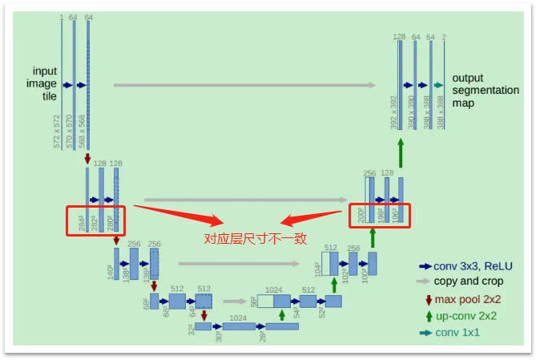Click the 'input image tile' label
point(45,83)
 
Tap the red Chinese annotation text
point(255,238)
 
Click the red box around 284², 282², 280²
point(97,219)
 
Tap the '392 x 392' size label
point(394,112)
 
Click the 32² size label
point(189,330)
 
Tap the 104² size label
point(318,269)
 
